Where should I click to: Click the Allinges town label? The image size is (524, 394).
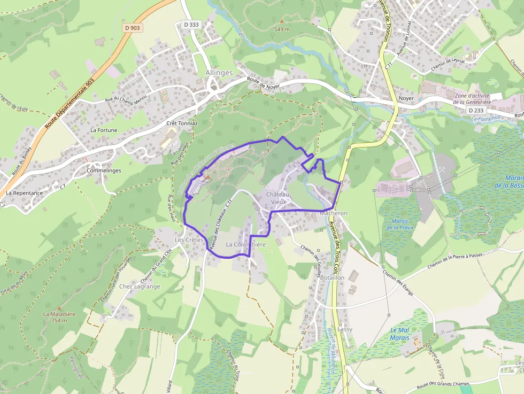tap(219, 73)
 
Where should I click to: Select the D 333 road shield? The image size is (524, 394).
tap(191, 25)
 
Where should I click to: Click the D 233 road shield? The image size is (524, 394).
tap(475, 110)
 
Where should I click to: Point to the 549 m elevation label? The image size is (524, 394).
tap(281, 29)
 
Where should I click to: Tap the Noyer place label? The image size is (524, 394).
tap(406, 99)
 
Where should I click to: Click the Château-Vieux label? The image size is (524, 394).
tap(279, 198)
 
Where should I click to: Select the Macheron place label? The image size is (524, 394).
tap(334, 213)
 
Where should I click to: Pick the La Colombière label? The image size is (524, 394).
tap(245, 244)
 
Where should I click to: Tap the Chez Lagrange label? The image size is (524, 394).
tap(140, 287)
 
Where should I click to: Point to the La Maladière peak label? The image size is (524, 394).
tap(59, 314)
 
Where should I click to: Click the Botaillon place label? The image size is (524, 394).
tap(332, 278)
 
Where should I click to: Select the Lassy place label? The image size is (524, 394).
tap(345, 329)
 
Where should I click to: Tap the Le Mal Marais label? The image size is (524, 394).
tap(399, 334)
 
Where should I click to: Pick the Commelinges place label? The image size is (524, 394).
tap(104, 171)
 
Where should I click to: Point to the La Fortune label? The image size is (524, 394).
tap(104, 130)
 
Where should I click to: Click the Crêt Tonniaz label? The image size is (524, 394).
tap(182, 123)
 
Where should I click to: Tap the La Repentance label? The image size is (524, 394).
tap(24, 192)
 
